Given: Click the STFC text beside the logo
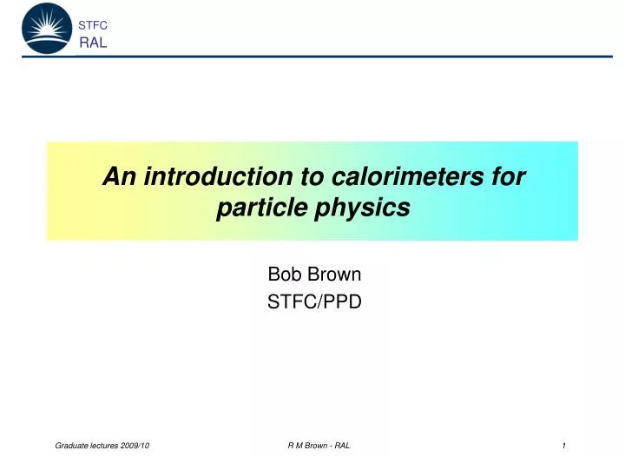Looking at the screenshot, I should (92, 26).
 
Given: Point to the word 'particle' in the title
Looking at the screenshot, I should (255, 209).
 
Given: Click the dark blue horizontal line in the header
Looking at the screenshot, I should (347, 56).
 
